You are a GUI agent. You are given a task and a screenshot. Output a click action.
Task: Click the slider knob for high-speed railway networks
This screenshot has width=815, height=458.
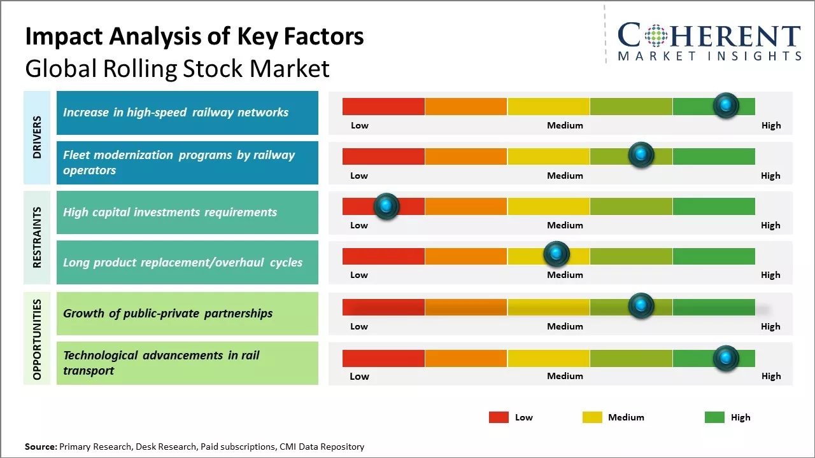click(x=726, y=106)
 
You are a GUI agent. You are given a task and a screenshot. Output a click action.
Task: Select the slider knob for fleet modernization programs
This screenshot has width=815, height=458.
click(x=641, y=155)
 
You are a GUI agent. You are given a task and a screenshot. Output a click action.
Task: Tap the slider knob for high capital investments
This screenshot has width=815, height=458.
click(x=386, y=205)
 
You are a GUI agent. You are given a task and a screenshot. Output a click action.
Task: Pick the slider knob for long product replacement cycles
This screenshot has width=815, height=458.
click(x=556, y=254)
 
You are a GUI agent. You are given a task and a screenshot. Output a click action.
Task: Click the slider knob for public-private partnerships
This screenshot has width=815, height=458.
click(x=641, y=306)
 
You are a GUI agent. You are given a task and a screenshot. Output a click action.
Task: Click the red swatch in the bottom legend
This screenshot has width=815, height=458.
click(x=499, y=417)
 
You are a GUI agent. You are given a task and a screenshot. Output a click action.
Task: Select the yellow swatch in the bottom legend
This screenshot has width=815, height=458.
click(x=592, y=417)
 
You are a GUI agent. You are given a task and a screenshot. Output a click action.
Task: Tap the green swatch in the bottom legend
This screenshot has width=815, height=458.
click(x=714, y=417)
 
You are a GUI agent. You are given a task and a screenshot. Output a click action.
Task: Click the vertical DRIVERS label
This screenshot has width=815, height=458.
click(x=37, y=137)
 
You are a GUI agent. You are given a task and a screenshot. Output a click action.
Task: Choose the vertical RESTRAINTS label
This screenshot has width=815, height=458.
click(x=37, y=237)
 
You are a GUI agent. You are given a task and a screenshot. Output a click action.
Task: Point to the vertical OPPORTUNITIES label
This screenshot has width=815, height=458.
click(x=37, y=339)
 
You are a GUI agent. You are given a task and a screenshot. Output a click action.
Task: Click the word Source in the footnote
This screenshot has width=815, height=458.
click(x=41, y=447)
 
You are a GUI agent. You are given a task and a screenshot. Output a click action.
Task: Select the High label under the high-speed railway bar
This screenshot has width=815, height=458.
click(x=770, y=125)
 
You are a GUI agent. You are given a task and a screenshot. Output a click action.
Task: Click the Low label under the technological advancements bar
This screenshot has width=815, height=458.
click(x=359, y=376)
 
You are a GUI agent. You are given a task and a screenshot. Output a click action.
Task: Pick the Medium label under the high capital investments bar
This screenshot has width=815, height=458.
click(x=565, y=225)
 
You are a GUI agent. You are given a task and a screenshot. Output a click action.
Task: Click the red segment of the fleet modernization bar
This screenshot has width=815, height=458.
click(x=383, y=156)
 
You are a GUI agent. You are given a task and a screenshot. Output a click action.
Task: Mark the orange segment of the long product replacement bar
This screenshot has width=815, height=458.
click(x=466, y=256)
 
